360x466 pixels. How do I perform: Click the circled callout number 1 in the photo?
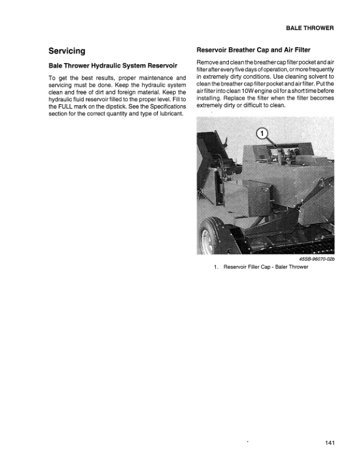pos(262,133)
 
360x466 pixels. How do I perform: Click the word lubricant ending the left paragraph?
pos(169,114)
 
